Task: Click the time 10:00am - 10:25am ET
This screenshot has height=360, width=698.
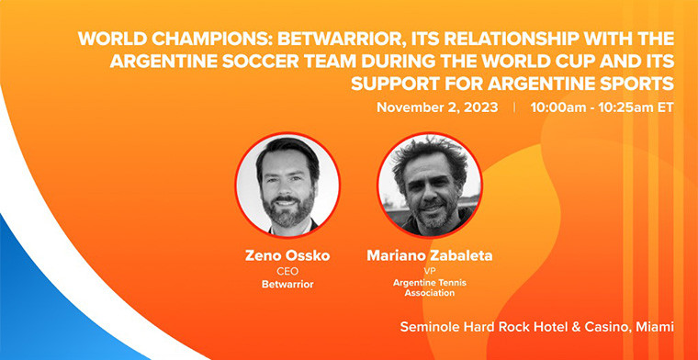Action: coord(601,107)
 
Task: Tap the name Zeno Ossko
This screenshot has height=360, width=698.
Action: coord(287,254)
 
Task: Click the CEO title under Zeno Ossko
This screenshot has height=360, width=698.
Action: coord(287,272)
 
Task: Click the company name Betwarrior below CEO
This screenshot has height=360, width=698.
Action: coord(287,285)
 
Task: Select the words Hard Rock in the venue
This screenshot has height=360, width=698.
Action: coord(503,327)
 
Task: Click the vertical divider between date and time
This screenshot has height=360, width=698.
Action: coord(514,107)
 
